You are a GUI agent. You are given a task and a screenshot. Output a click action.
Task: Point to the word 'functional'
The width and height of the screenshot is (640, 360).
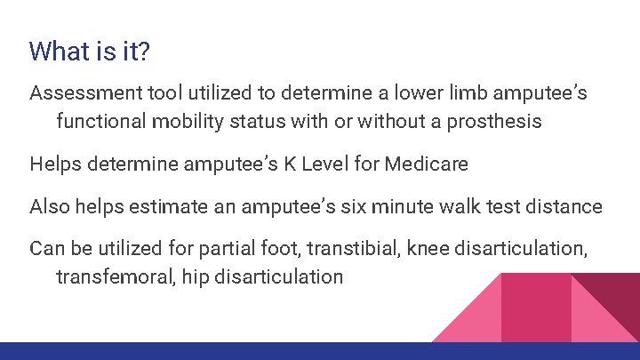tap(100, 122)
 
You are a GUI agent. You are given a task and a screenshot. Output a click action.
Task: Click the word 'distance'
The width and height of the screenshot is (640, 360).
tap(564, 207)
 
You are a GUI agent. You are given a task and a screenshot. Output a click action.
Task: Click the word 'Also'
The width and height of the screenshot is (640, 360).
tap(50, 207)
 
